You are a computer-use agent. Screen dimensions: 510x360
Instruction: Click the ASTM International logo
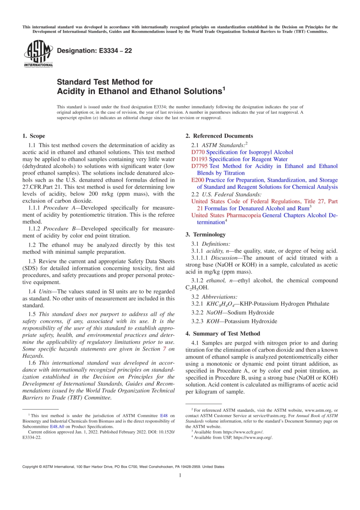[38, 53]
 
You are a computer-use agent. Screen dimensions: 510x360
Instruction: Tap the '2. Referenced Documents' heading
[219, 136]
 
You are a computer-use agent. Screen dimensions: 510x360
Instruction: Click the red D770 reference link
[198, 152]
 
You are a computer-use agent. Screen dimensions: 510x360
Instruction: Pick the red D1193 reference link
[199, 159]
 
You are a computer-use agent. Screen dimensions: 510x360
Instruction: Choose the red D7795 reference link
[199, 166]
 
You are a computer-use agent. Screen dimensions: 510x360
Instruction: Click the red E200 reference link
[197, 180]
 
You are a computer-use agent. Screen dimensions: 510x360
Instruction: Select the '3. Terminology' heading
[205, 234]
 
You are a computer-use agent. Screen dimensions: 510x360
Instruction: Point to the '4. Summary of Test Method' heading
[223, 334]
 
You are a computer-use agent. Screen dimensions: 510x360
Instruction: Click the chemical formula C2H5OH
[197, 288]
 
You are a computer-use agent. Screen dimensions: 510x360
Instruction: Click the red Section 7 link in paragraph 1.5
[164, 349]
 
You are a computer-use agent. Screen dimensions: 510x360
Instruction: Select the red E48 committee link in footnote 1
[164, 416]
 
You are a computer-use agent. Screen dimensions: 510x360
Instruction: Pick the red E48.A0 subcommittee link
[57, 426]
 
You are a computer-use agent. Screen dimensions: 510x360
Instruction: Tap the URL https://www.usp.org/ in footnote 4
[253, 437]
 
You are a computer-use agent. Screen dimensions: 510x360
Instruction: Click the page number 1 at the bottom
[180, 475]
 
